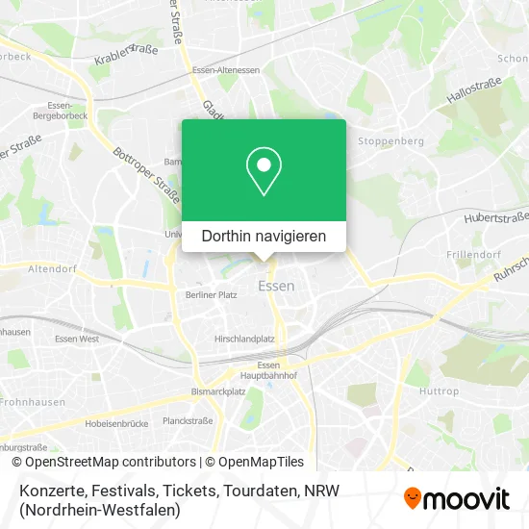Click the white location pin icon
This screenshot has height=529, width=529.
point(264,171)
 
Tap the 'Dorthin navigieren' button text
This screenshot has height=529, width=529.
point(264,236)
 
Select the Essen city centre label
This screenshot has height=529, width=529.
point(276,286)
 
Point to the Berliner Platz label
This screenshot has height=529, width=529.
point(211,295)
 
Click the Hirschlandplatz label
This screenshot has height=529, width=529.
point(245,339)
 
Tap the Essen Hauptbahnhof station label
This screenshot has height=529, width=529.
point(268,371)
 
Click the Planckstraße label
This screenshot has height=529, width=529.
point(188,420)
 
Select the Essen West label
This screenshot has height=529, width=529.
point(77,339)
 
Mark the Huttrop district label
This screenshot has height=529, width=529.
point(439,391)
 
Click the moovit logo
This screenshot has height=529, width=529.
point(457,497)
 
